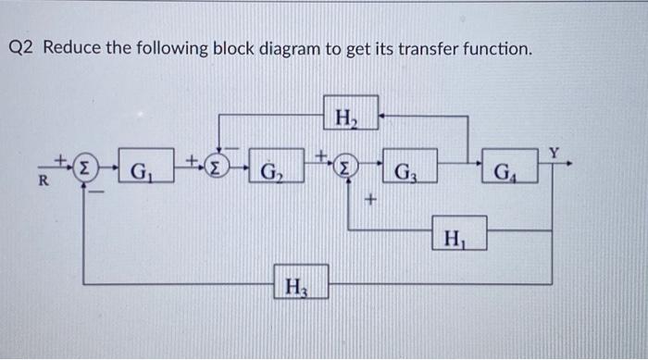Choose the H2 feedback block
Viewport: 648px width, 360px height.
351,115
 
